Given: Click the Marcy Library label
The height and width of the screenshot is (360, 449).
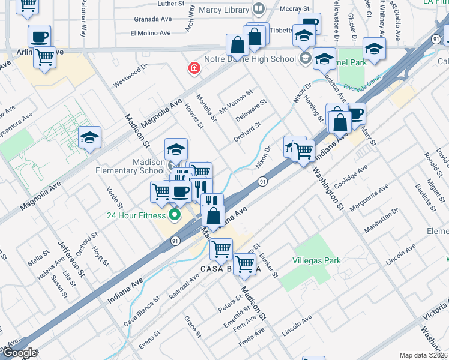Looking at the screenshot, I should [x=224, y=10].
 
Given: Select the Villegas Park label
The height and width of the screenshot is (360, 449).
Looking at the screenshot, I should [x=316, y=260].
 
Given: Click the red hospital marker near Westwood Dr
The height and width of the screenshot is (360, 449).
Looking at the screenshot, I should [x=194, y=68].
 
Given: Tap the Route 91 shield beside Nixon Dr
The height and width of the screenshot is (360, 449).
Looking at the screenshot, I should [x=263, y=181].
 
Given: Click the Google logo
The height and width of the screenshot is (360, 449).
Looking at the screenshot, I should [x=20, y=353].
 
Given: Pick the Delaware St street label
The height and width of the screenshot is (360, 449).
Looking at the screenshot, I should [x=251, y=111].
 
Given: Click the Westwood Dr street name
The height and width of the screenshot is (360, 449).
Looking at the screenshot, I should [x=130, y=76].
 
